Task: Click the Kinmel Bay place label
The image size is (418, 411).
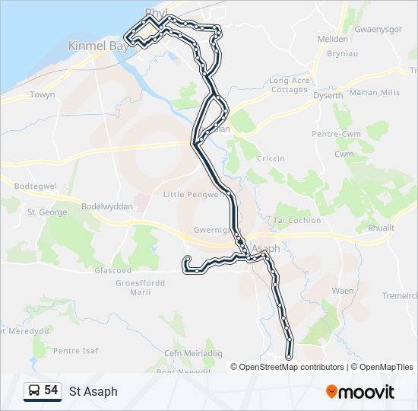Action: point(97,46)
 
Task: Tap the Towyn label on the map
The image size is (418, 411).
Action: point(42,95)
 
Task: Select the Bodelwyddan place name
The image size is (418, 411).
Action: point(107,207)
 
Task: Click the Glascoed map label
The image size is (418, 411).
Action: point(112,270)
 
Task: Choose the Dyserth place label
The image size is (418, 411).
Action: point(328,95)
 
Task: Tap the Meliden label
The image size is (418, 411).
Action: point(333,39)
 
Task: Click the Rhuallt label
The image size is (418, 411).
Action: point(381,228)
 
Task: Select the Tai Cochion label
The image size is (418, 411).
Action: point(297,220)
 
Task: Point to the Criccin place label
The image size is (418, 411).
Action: point(271,158)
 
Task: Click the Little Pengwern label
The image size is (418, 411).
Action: point(195,194)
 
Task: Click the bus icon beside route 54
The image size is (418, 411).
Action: point(33,390)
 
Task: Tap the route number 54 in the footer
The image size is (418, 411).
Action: point(51,390)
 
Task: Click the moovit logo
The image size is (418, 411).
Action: point(360,392)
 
